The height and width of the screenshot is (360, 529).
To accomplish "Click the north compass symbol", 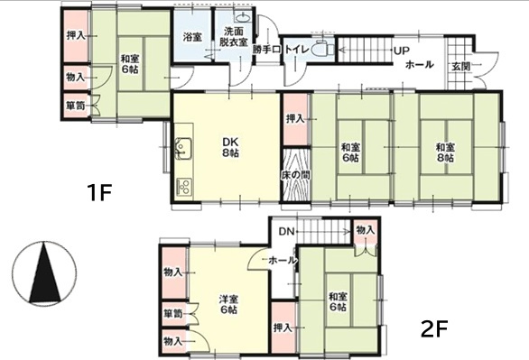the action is coord(44,272).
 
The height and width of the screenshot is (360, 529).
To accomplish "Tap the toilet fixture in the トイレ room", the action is coord(322,50).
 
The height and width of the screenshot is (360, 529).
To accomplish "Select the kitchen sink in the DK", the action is coord(183,148).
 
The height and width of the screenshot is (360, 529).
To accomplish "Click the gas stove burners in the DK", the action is coord(184,187).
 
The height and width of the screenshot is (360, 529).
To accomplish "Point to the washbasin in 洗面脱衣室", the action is coord(242,16).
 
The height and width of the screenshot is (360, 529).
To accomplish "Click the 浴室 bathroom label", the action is coord(193,37).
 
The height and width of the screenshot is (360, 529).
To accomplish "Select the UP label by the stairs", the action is coord(402,51).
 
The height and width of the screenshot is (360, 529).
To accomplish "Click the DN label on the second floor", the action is coord(287,232).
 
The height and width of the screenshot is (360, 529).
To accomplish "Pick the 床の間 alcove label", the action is coord(296,175).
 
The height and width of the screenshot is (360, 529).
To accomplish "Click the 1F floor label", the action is coord(99,192).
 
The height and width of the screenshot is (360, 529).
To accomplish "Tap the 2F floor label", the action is coord(435,328).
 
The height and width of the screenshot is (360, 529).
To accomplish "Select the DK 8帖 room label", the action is coord(230,147).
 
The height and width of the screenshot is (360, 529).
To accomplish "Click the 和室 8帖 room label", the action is coord(445,152).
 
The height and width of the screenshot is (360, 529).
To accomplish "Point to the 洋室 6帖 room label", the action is coord(228,304).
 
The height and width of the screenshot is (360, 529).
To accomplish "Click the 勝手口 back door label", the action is coord(266,50).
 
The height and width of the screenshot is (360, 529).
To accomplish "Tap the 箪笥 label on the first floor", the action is coord(76,106).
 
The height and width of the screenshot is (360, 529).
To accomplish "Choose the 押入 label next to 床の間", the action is coord(295,119).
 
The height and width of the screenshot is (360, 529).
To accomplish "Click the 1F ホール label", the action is coord(420,64).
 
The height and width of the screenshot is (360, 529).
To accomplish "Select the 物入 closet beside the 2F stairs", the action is coord(366,231).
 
